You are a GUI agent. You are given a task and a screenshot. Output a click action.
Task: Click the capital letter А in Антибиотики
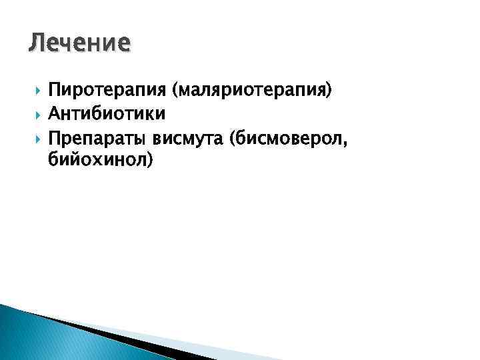pos(55,114)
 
